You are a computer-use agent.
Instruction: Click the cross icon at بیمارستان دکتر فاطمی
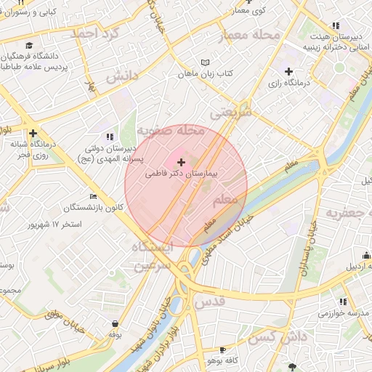[x=181, y=161]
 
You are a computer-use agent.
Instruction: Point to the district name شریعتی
[x=231, y=113]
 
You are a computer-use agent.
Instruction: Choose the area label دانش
[x=122, y=76]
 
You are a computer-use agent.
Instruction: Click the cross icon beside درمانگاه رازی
[x=289, y=71]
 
